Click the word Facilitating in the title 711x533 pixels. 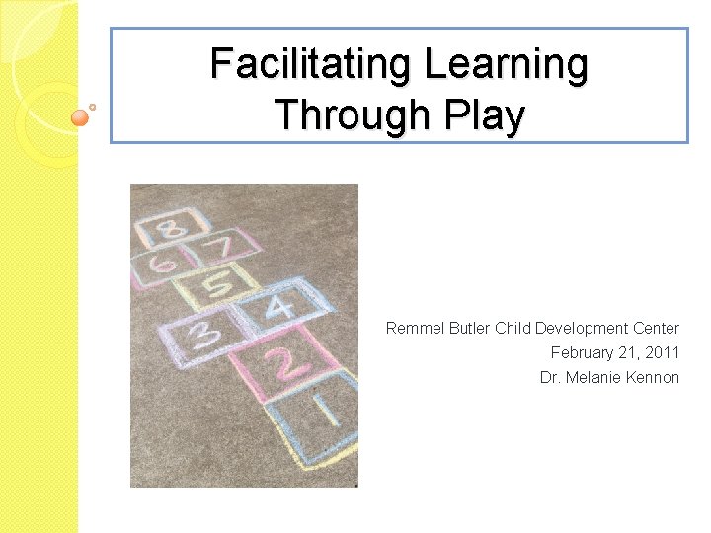click(311, 65)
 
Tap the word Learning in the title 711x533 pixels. click(507, 65)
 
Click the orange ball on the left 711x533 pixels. click(81, 117)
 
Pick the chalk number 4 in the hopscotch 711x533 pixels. click(279, 307)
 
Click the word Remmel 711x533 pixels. click(413, 328)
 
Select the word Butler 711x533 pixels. click(467, 328)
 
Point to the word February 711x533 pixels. click(582, 352)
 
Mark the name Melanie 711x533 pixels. click(592, 377)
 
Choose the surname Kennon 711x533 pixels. click(653, 377)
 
